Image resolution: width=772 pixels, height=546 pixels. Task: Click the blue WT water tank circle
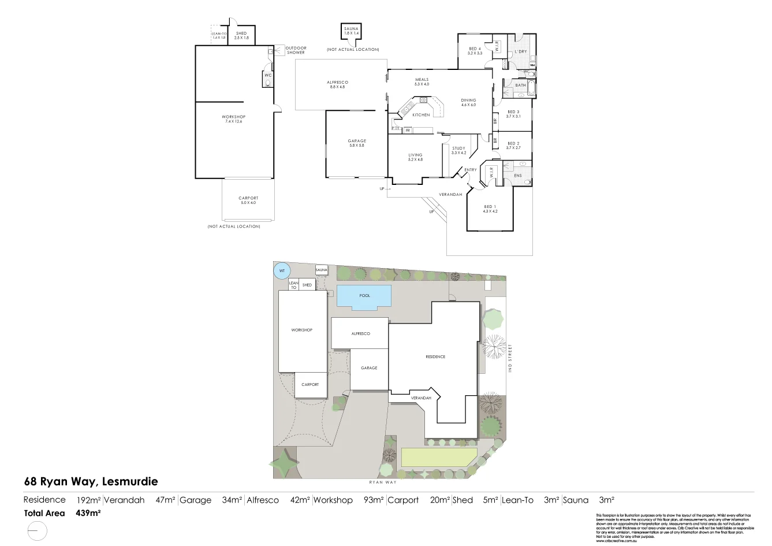[x=282, y=270]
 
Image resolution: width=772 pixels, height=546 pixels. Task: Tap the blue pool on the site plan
[x=364, y=296]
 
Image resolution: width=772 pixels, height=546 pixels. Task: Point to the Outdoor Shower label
[x=296, y=50]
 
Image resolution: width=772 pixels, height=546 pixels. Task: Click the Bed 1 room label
[x=490, y=207]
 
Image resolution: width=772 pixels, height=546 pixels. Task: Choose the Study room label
[x=458, y=148]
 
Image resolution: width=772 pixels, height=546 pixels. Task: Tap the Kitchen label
[x=421, y=115]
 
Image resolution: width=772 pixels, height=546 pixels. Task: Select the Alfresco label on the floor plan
[x=337, y=83]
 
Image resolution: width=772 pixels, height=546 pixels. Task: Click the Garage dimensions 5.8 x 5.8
[x=357, y=146]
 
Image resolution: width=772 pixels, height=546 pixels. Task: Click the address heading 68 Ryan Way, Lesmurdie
[x=91, y=481]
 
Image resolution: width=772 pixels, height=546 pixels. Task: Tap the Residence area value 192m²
[x=89, y=500]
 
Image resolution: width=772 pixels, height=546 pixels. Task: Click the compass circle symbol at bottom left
[x=36, y=530]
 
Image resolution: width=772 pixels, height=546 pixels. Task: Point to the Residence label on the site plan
[x=435, y=357]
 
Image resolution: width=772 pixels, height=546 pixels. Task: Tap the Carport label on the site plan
[x=310, y=385]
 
